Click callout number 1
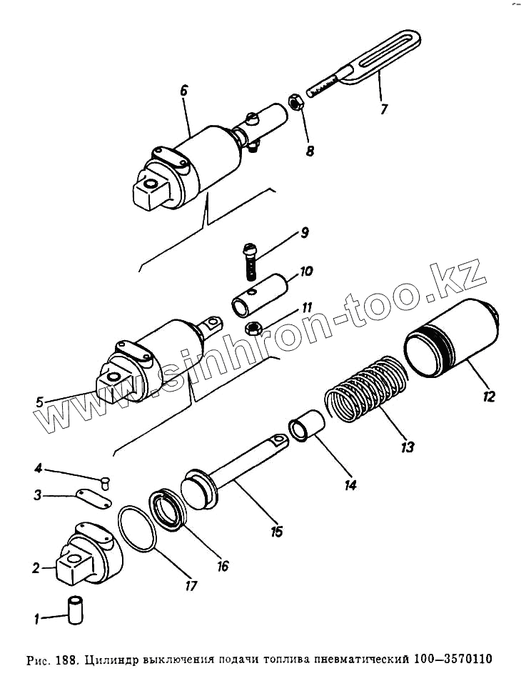click(x=28, y=618)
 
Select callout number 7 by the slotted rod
click(x=384, y=109)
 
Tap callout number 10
click(x=305, y=272)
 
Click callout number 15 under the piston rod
click(x=276, y=531)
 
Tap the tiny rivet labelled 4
click(x=106, y=481)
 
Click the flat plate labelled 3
click(x=93, y=497)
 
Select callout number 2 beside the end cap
click(x=36, y=569)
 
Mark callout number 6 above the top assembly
click(x=183, y=91)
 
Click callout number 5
click(x=40, y=402)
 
